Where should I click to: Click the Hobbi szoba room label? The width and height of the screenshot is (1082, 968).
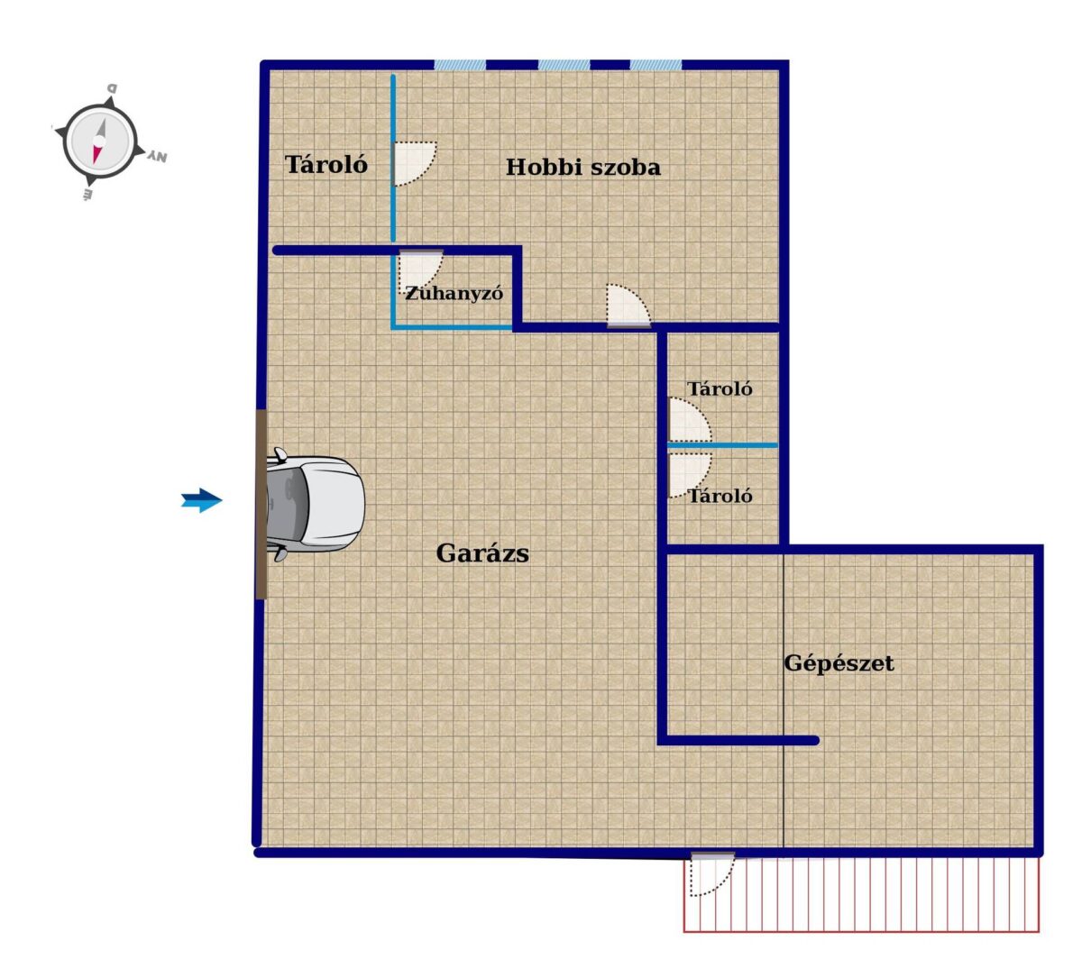coord(582,167)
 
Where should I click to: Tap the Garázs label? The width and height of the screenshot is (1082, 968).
coord(481,553)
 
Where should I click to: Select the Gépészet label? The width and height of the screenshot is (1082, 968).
coord(839,664)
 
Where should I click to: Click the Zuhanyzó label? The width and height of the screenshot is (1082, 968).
coord(454,293)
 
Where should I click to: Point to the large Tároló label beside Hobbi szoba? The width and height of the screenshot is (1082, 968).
coord(326,164)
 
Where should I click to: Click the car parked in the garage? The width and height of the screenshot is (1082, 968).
coord(315,504)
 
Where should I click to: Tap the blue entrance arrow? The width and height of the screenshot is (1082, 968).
coord(201,500)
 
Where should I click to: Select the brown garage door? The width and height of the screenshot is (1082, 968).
coord(261,504)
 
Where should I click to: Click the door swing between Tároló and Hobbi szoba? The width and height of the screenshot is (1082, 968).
coord(415,163)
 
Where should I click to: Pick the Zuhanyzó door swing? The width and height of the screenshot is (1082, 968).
coord(421,269)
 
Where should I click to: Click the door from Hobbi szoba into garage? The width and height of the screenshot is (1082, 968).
coord(628,305)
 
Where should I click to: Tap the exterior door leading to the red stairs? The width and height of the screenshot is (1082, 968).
coord(712,873)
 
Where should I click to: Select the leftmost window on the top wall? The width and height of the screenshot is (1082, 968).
coord(459,65)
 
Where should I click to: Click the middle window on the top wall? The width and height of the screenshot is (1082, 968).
coord(564,65)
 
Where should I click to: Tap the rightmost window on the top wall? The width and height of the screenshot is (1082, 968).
coord(656,65)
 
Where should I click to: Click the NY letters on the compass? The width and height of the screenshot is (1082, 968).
coord(158,157)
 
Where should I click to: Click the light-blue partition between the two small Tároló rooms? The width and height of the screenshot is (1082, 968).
coord(722,444)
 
